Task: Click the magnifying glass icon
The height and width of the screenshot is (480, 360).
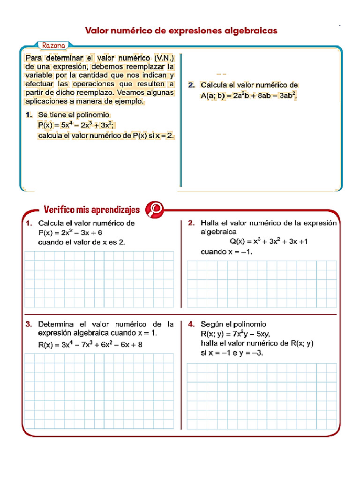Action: point(154,209)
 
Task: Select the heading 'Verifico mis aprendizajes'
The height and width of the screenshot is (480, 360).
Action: point(91,209)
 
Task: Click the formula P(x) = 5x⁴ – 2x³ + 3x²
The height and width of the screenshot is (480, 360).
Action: point(76,125)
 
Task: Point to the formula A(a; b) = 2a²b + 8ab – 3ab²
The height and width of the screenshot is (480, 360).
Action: point(249,96)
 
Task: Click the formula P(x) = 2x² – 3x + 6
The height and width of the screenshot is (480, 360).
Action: point(70,232)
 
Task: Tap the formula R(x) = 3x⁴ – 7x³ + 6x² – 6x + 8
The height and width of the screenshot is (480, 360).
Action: point(90,345)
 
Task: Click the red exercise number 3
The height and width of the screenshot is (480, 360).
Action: point(29,324)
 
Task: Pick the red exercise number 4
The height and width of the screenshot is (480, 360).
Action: point(191,324)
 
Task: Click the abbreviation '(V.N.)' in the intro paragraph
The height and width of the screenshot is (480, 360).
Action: point(163,58)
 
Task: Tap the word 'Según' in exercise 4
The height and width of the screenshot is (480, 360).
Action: point(210,324)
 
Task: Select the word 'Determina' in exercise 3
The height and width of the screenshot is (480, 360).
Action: point(56,324)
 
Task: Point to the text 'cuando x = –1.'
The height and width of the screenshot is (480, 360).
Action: point(226,252)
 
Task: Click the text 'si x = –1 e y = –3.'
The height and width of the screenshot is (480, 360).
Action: point(232,353)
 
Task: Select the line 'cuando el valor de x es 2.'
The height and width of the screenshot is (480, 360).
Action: point(82,242)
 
